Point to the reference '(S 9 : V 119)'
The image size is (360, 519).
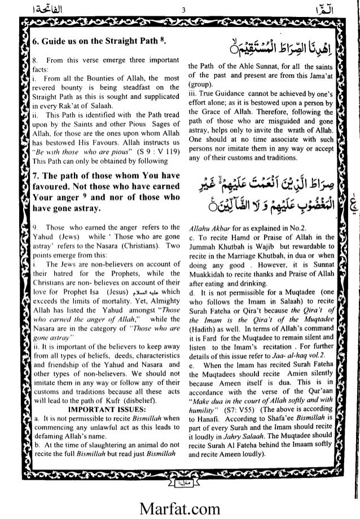[152, 154]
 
